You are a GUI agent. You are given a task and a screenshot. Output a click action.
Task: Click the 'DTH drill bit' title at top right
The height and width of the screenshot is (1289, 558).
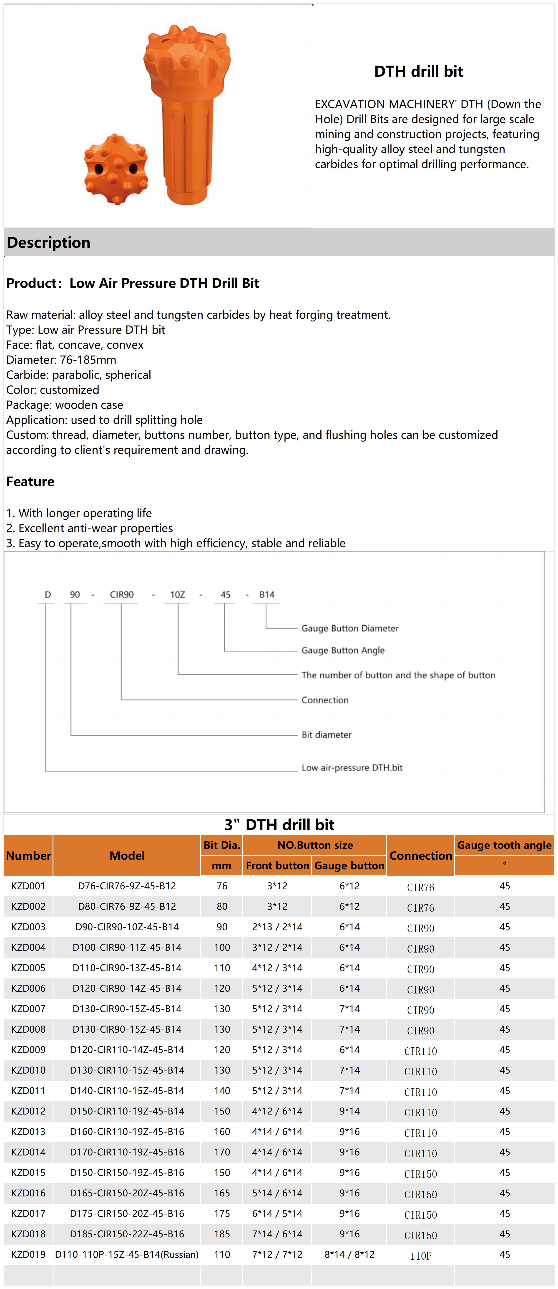(418, 72)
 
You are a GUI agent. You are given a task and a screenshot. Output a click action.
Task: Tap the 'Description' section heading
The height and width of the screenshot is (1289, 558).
(48, 243)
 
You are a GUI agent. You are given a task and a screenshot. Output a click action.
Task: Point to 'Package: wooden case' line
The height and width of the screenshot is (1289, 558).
(65, 405)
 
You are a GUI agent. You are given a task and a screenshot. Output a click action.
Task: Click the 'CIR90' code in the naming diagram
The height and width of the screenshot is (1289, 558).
(121, 594)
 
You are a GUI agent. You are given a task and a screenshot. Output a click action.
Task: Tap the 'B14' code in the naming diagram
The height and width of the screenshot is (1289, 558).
(266, 594)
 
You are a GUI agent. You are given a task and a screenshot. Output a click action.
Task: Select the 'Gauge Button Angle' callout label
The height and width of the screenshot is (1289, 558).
(343, 650)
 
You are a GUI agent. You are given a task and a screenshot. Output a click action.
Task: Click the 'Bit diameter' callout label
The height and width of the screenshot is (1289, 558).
(326, 735)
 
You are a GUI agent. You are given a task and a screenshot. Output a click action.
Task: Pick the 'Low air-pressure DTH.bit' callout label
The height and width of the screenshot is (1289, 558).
(352, 768)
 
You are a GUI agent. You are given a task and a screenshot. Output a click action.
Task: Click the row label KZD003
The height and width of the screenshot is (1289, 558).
(28, 927)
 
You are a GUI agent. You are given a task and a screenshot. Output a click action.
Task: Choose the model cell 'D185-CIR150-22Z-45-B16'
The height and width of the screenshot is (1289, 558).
(127, 1234)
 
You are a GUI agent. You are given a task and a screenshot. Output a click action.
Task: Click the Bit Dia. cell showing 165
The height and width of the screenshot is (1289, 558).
(222, 1193)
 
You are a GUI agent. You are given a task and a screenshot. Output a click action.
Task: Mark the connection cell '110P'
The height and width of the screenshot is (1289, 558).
(420, 1256)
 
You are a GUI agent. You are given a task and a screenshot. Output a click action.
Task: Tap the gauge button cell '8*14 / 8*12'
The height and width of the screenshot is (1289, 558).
(349, 1254)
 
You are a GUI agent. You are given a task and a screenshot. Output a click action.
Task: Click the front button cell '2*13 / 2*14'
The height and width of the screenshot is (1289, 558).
(277, 927)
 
